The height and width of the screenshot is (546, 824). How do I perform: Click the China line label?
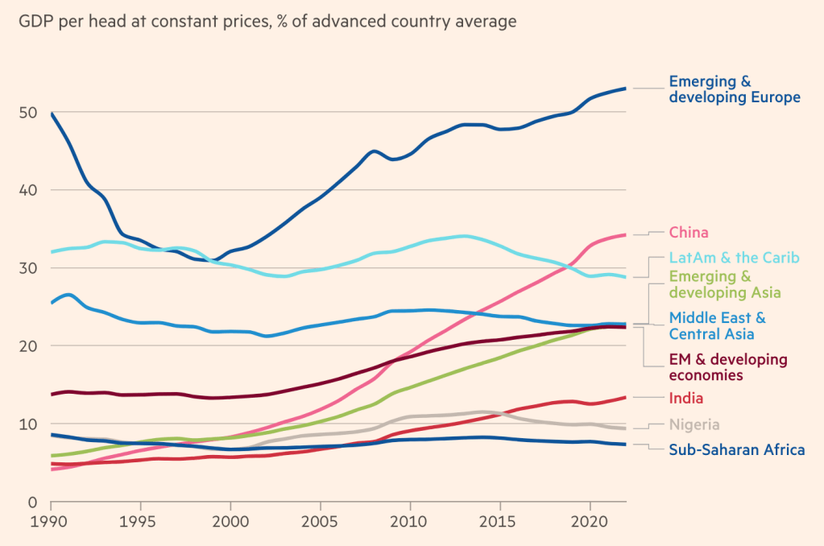pos(689,233)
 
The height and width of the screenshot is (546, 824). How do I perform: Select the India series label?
pos(686,398)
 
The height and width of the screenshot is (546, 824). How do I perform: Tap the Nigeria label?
pos(694,424)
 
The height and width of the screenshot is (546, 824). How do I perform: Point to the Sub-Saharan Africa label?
pos(736,449)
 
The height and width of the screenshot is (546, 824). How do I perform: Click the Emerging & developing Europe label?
pos(735,89)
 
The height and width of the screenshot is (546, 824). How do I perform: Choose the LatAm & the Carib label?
pos(734,258)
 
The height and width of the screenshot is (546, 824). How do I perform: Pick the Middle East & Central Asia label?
pos(717,325)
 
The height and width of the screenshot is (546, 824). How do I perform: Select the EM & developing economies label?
pos(728,366)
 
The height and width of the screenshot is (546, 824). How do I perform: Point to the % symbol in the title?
pos(283,22)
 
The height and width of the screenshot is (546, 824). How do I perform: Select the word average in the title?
pos(487,22)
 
